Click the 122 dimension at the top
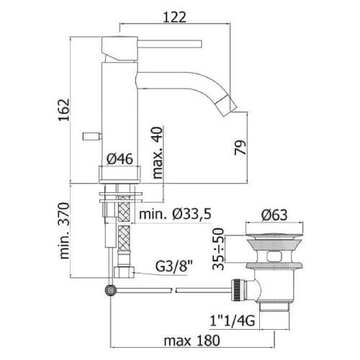click(174, 17)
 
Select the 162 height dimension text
click(64, 109)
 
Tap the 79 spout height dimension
click(240, 148)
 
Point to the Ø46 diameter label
click(120, 159)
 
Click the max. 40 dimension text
click(158, 153)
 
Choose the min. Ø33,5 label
click(175, 214)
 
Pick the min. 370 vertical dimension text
click(64, 230)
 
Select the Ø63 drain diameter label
click(274, 215)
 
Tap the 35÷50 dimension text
click(218, 249)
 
